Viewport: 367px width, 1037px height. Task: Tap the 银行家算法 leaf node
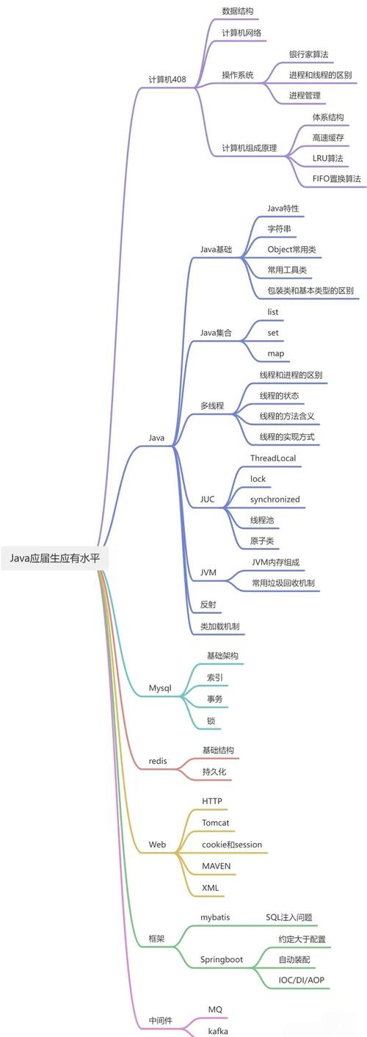tap(308, 54)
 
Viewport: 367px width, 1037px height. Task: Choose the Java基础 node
tap(216, 250)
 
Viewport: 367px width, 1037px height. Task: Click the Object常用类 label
tap(291, 250)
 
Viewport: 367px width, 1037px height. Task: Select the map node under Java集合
tap(275, 353)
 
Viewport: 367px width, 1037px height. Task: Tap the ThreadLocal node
tap(272, 458)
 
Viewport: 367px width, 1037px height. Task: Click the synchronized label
tap(275, 499)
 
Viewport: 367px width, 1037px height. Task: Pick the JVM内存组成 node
tap(275, 562)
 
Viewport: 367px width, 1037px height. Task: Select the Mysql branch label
tap(160, 688)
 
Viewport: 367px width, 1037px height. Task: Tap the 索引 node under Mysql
tap(214, 678)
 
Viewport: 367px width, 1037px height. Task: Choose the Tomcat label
tap(217, 823)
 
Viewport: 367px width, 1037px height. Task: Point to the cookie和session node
tap(231, 845)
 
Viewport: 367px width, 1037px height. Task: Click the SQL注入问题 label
tap(289, 917)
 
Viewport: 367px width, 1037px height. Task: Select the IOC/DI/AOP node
tap(301, 980)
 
